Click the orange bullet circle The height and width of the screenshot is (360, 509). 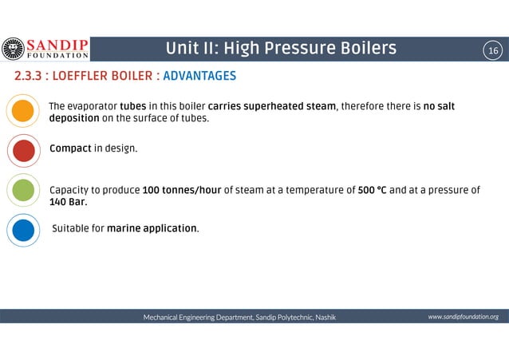(24, 111)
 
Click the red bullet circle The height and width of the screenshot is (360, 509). (24, 149)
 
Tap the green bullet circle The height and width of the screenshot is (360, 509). (24, 191)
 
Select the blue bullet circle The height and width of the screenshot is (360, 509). (24, 229)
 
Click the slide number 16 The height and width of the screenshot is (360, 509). (493, 51)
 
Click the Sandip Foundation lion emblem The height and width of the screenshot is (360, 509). (13, 49)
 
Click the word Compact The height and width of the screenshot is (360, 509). (69, 148)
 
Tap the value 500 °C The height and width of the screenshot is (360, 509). (373, 190)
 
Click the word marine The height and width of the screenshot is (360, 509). (124, 228)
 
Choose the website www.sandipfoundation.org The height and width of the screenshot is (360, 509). (463, 317)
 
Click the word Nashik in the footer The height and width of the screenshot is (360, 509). (326, 318)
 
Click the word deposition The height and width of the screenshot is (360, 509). (73, 118)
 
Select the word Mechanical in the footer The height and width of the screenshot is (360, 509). (162, 318)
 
